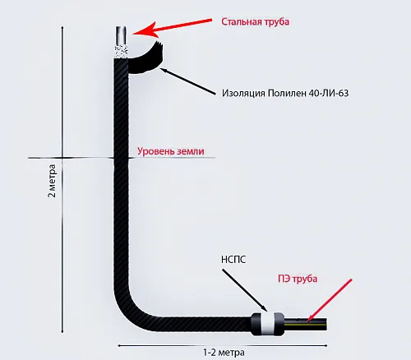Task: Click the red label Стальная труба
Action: pyautogui.click(x=255, y=22)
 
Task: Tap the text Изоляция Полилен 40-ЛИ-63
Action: pyautogui.click(x=285, y=93)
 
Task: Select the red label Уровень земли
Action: pyautogui.click(x=171, y=151)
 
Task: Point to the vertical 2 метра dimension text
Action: pyautogui.click(x=52, y=181)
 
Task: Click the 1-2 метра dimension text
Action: pyautogui.click(x=224, y=353)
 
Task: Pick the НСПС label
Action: pyautogui.click(x=233, y=260)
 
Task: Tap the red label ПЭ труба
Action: pyautogui.click(x=298, y=279)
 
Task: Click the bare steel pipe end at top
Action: pyautogui.click(x=121, y=35)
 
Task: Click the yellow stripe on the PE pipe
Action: pyautogui.click(x=305, y=324)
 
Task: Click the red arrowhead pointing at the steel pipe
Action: pyautogui.click(x=145, y=30)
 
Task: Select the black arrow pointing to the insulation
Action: pyautogui.click(x=188, y=81)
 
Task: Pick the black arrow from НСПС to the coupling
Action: pyautogui.click(x=244, y=290)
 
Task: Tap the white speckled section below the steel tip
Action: pyautogui.click(x=121, y=52)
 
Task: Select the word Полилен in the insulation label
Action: pyautogui.click(x=287, y=93)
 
